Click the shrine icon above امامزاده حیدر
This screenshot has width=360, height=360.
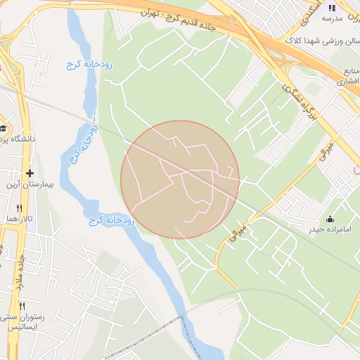330,219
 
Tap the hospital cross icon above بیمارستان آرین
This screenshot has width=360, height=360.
29,173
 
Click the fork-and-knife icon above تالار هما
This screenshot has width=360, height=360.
19,209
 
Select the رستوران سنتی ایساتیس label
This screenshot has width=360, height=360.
22,322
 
